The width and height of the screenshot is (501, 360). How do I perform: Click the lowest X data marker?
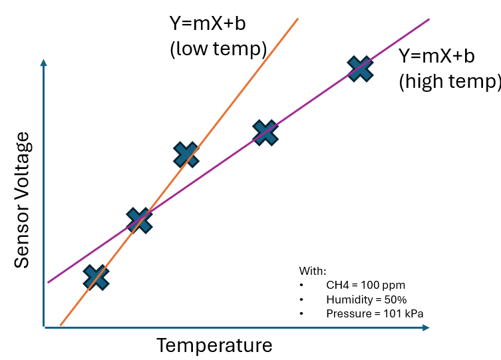tap(96, 277)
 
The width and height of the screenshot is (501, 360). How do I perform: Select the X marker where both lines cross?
tap(139, 220)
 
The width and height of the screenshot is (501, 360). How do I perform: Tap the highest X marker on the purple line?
tap(360, 68)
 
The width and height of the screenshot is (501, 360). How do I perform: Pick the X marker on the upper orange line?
tap(186, 154)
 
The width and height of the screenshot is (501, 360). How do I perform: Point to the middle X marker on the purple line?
tap(265, 133)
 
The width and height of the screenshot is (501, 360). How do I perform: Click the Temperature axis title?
tap(214, 346)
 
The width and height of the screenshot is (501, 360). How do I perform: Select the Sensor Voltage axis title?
tap(23, 200)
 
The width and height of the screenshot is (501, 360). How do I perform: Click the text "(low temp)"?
tap(218, 49)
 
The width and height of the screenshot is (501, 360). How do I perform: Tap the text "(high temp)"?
tap(449, 81)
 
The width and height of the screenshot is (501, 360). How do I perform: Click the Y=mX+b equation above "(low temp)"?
tap(208, 25)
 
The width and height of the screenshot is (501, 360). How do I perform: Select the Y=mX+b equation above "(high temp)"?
tap(436, 56)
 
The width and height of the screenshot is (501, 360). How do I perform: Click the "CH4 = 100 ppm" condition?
tap(365, 285)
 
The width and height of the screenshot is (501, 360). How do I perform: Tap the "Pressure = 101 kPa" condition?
tap(375, 313)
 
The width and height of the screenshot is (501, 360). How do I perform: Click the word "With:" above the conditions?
tap(313, 271)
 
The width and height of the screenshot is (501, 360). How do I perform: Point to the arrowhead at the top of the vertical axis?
tap(44, 63)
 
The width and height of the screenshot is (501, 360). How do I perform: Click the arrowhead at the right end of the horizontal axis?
tap(426, 327)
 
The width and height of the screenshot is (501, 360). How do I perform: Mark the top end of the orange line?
tap(297, 19)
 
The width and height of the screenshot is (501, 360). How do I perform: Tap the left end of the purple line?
tap(49, 281)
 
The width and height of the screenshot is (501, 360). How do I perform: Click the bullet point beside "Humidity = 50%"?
tap(303, 299)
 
